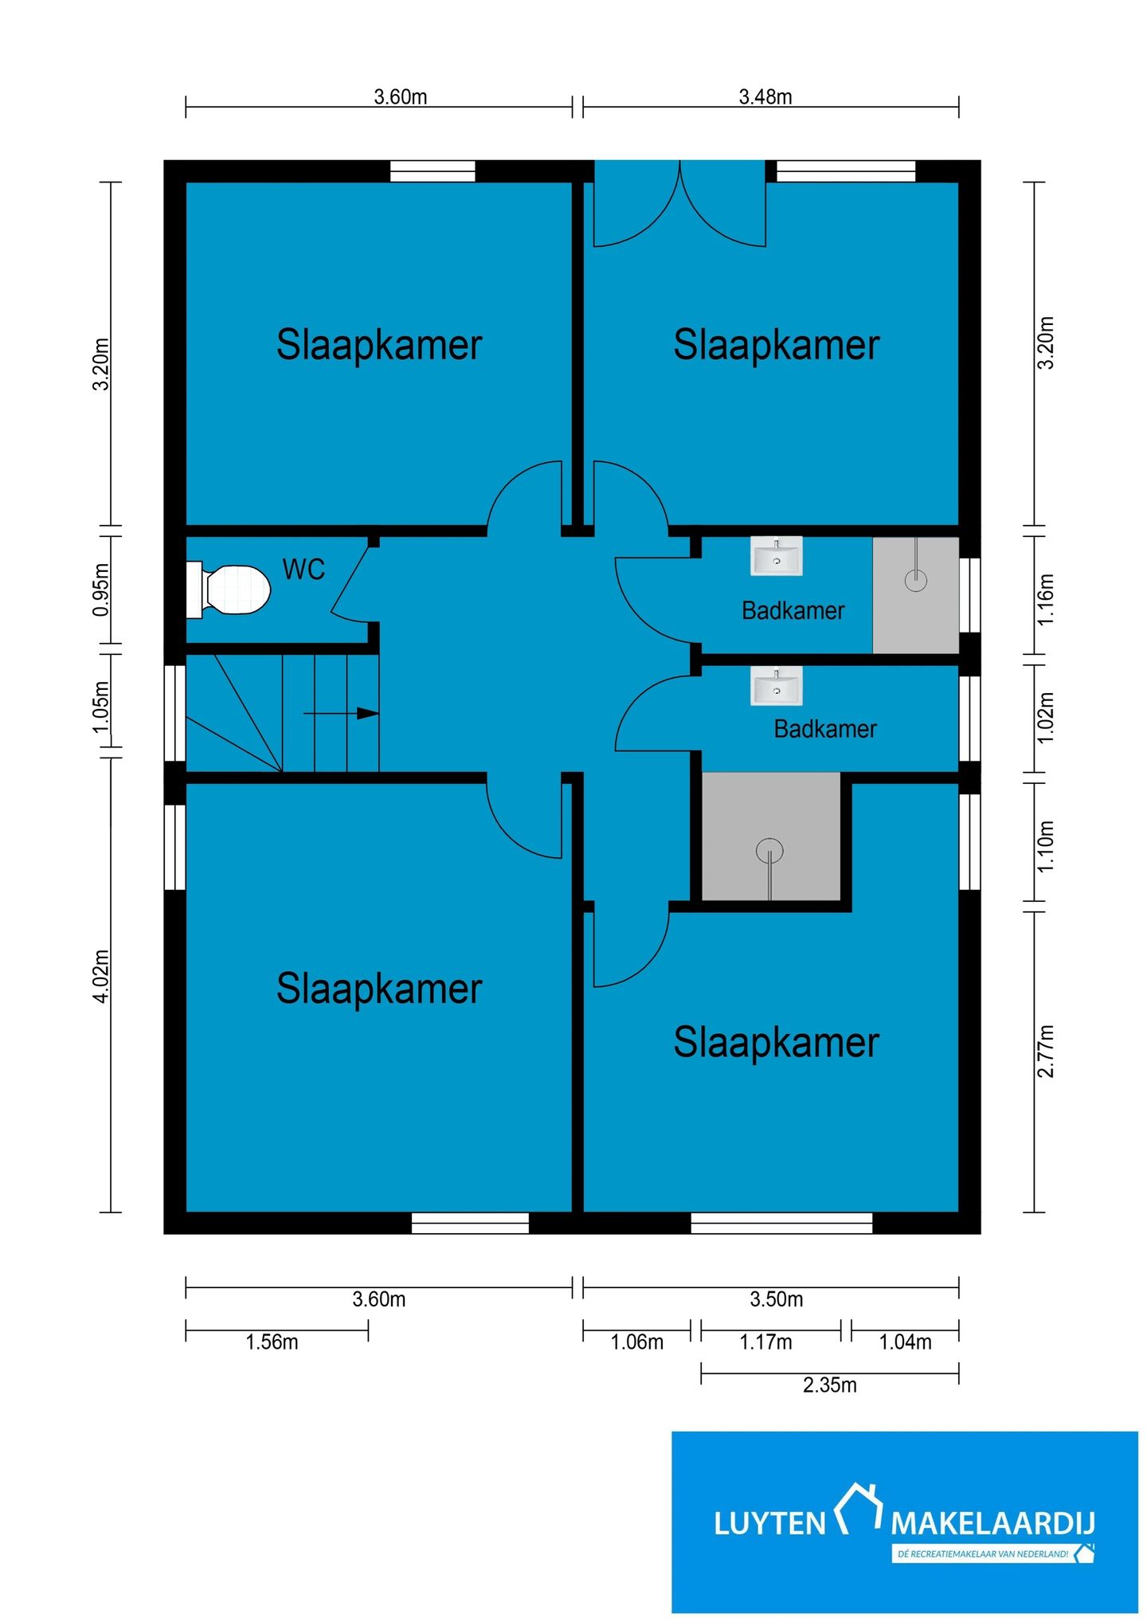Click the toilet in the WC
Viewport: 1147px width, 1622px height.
[229, 590]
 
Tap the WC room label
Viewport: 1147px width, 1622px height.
[303, 570]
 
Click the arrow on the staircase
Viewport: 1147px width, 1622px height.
[341, 713]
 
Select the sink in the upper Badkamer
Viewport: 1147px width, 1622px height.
[776, 556]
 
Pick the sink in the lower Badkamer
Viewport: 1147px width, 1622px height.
[776, 686]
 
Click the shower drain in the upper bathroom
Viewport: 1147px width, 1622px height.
[916, 579]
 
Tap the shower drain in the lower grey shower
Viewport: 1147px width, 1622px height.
[769, 851]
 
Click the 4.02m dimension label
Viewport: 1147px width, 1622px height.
[101, 976]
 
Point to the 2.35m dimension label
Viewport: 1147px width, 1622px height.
[829, 1385]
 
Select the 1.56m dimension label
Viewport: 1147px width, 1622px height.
[272, 1342]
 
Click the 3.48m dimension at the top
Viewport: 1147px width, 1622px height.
[765, 97]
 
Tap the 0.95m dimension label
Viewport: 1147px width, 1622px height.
[101, 590]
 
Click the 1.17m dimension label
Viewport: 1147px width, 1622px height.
[765, 1342]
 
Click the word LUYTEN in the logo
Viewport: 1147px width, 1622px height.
[769, 1524]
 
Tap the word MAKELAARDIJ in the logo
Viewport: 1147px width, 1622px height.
[992, 1524]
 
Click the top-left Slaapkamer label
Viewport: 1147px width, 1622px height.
[379, 345]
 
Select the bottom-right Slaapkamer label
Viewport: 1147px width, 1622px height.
[777, 1042]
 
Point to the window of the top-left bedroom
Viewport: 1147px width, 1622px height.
[433, 171]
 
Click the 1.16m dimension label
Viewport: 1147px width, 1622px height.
[1045, 599]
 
